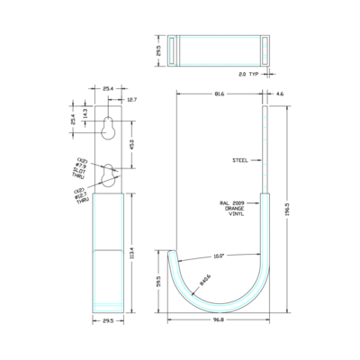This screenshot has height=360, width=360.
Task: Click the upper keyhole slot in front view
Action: (107, 128)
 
